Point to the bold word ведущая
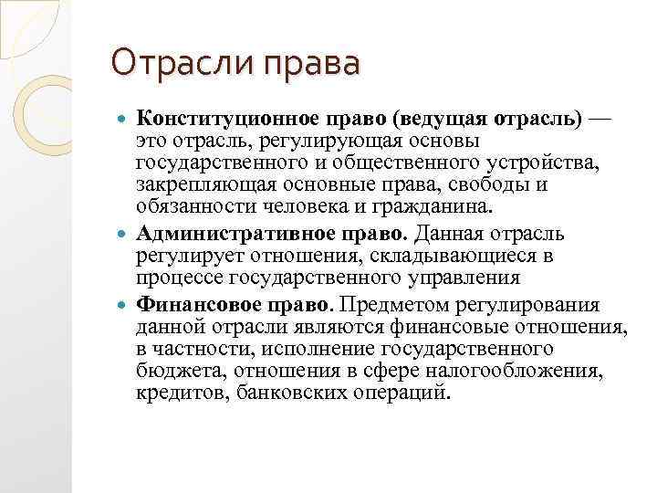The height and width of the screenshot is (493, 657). (x=442, y=119)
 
